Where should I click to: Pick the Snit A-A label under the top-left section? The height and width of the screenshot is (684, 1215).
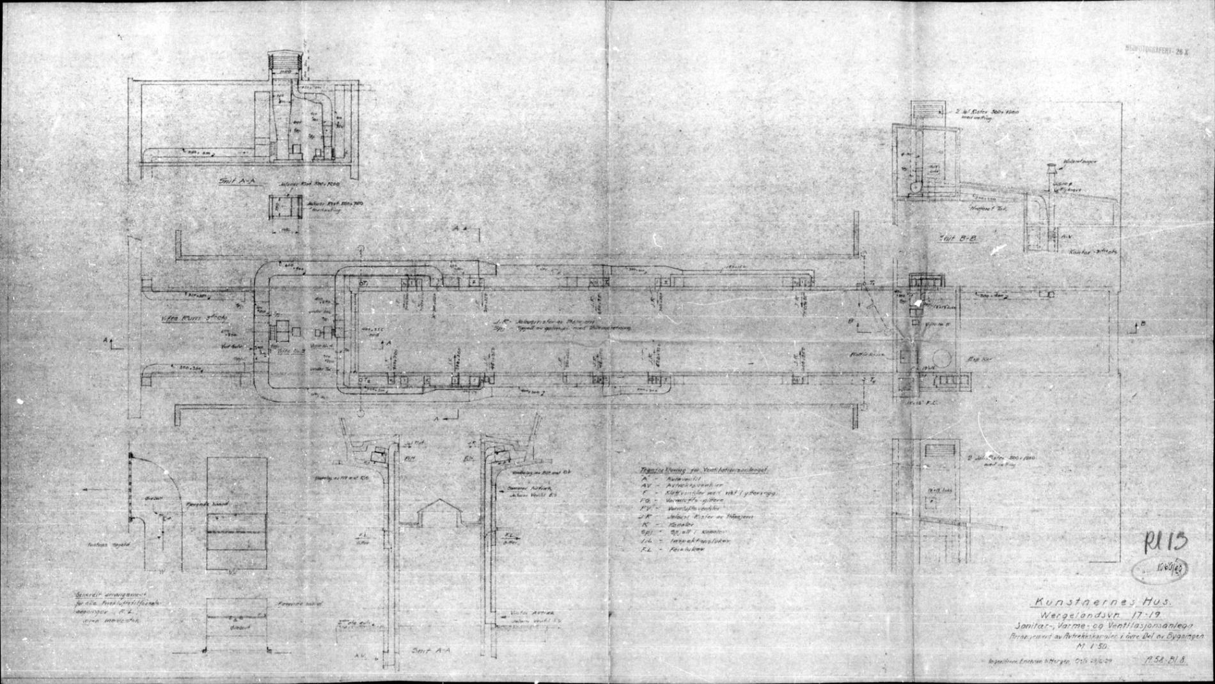(x=237, y=182)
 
